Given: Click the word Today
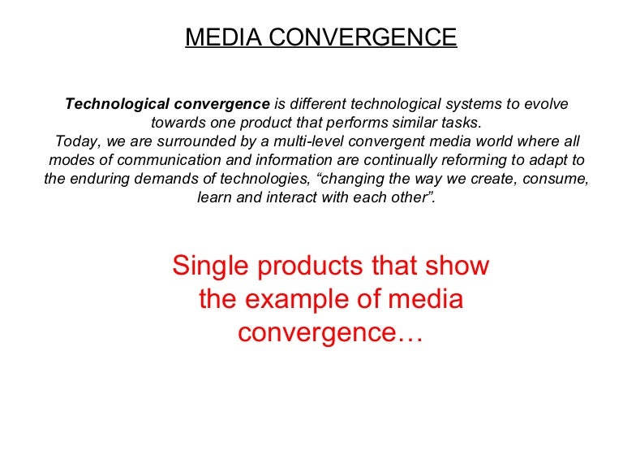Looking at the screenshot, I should click(74, 141).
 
